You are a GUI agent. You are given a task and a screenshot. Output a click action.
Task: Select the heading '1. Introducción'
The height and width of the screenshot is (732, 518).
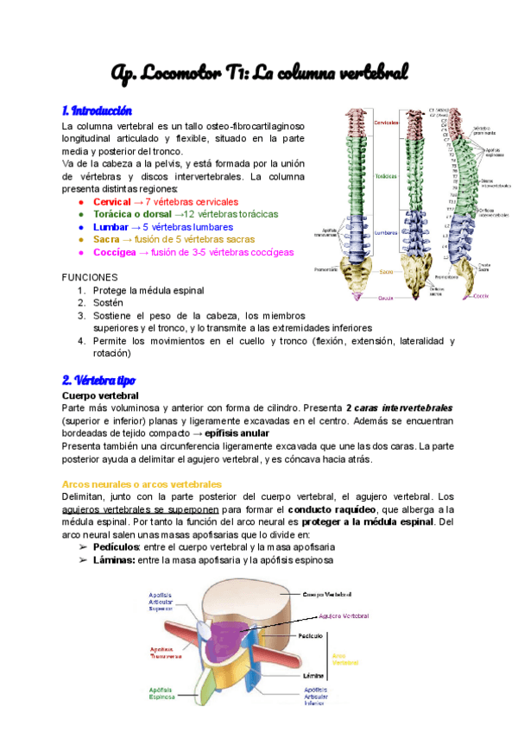click(97, 110)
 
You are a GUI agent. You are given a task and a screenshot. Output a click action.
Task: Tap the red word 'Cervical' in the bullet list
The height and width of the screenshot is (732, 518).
click(111, 200)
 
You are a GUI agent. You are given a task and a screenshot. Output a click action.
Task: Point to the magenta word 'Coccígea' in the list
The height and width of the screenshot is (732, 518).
click(113, 252)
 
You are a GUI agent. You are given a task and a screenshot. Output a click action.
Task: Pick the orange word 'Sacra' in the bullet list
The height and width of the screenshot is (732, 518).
click(106, 239)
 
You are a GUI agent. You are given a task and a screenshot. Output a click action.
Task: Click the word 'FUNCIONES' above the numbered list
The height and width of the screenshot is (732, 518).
click(90, 278)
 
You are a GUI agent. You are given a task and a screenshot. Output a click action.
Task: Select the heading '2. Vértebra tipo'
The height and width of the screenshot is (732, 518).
click(98, 380)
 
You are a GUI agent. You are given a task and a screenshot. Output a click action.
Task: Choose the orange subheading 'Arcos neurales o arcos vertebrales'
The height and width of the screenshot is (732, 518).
click(142, 484)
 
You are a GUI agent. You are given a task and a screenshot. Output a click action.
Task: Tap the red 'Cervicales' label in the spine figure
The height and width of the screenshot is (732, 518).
click(387, 123)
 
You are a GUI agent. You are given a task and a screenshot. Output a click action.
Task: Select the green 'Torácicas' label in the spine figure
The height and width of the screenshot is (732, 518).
click(386, 176)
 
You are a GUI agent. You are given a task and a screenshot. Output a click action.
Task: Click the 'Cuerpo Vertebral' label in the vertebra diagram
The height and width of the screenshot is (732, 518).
click(327, 594)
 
